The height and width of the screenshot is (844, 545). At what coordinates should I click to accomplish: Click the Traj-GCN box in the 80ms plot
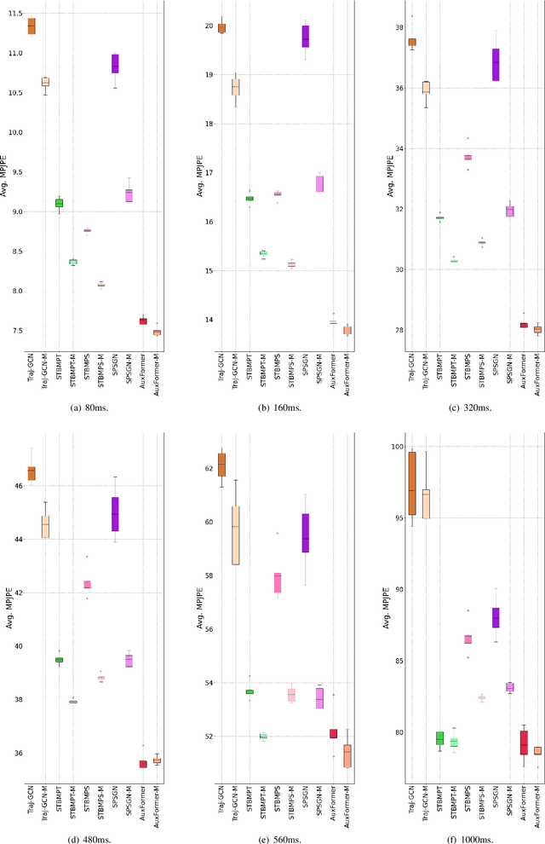tap(32, 26)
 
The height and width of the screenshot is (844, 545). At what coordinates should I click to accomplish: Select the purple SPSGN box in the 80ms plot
tap(115, 63)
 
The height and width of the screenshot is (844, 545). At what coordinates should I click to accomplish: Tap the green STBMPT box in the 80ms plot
tap(59, 203)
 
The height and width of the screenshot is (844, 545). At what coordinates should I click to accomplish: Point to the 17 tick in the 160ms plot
tap(203, 173)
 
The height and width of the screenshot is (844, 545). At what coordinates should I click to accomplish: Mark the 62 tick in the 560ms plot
tap(203, 469)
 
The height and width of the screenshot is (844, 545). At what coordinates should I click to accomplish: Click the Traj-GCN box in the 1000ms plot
tap(412, 483)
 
